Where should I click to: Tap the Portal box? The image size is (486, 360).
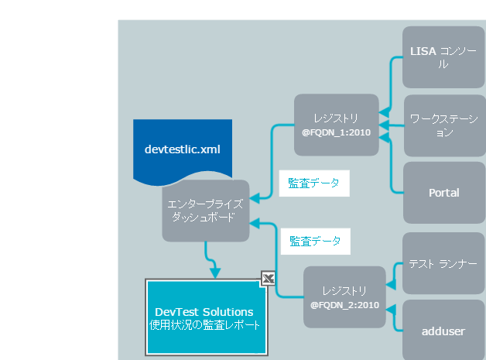[x=443, y=193]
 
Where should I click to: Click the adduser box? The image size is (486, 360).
[x=443, y=331]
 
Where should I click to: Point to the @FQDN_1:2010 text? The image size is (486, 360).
[x=337, y=132]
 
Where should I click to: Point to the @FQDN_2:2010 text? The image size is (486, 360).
[x=345, y=305]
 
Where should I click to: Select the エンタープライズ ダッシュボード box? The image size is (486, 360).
[x=205, y=211]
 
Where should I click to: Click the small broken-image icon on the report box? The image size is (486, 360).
[x=268, y=279]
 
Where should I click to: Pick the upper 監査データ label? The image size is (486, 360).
[x=314, y=183]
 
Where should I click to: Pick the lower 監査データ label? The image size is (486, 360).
[x=314, y=241]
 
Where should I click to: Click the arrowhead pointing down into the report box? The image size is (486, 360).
[x=215, y=272]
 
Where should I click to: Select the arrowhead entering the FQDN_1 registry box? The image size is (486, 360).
[x=385, y=118]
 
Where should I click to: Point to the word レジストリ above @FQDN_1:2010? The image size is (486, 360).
[x=337, y=118]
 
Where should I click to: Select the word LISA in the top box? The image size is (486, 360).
[x=423, y=51]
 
